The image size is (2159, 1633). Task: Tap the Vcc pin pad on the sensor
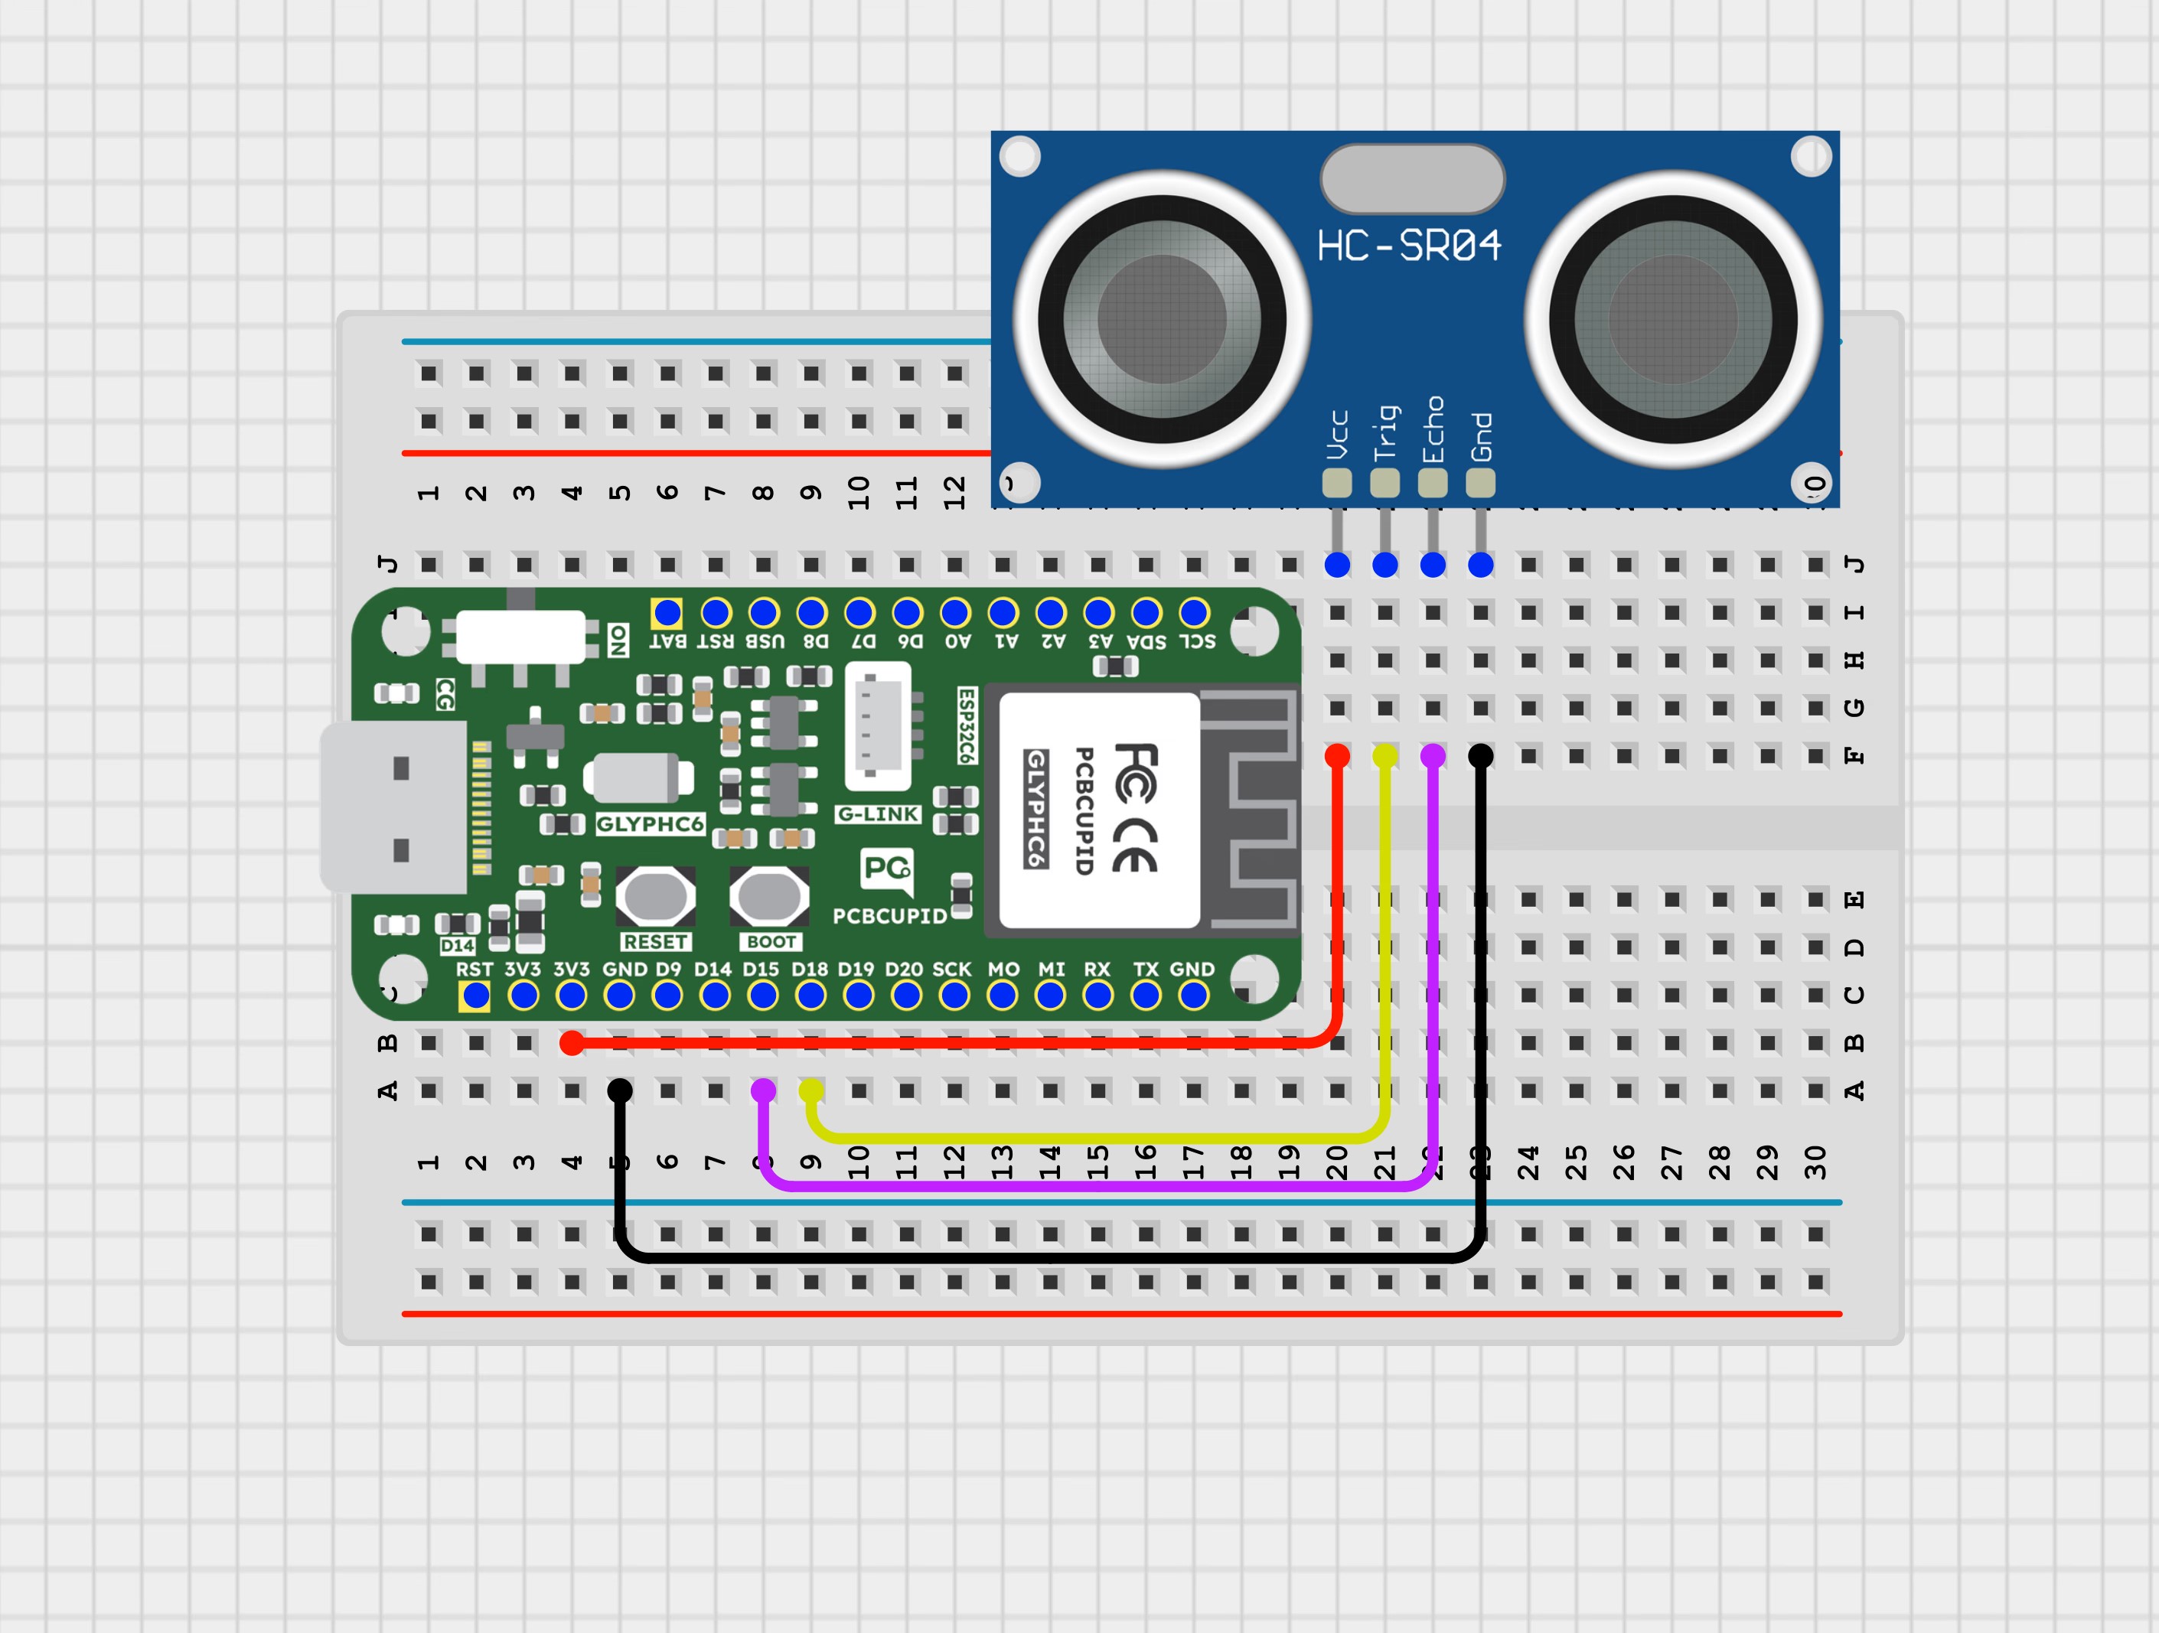point(1336,482)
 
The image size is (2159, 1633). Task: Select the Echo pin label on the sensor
point(1432,429)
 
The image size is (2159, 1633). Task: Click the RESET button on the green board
point(655,895)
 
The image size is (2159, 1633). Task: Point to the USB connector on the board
point(393,807)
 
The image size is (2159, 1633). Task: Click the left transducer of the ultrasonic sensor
point(1162,318)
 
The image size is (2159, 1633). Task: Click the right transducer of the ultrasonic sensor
point(1673,318)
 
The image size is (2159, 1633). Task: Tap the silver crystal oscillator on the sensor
point(1411,178)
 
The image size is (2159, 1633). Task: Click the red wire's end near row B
point(572,1044)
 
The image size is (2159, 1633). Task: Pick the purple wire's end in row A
point(763,1090)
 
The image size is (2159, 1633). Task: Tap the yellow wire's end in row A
point(811,1090)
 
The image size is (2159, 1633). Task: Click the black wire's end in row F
point(1479,755)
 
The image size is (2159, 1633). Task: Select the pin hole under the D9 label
point(667,996)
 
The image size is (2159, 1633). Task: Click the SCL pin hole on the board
point(1194,613)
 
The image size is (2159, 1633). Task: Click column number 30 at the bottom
point(1815,1162)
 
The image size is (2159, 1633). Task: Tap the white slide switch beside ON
point(520,637)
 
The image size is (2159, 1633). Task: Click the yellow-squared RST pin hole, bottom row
point(475,996)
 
